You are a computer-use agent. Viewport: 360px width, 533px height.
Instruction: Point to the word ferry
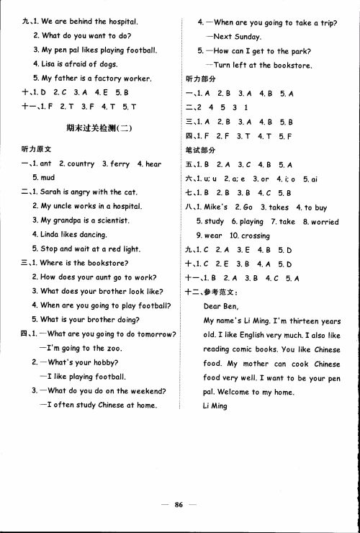[x=120, y=164]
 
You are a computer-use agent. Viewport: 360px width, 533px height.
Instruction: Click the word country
[x=81, y=164]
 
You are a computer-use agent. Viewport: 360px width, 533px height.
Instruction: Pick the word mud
[x=48, y=177]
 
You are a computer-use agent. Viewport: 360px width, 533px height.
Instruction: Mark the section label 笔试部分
[x=201, y=149]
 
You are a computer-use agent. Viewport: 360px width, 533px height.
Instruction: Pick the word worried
[x=324, y=222]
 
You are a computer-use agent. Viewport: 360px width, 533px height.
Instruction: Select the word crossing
[x=255, y=236]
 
